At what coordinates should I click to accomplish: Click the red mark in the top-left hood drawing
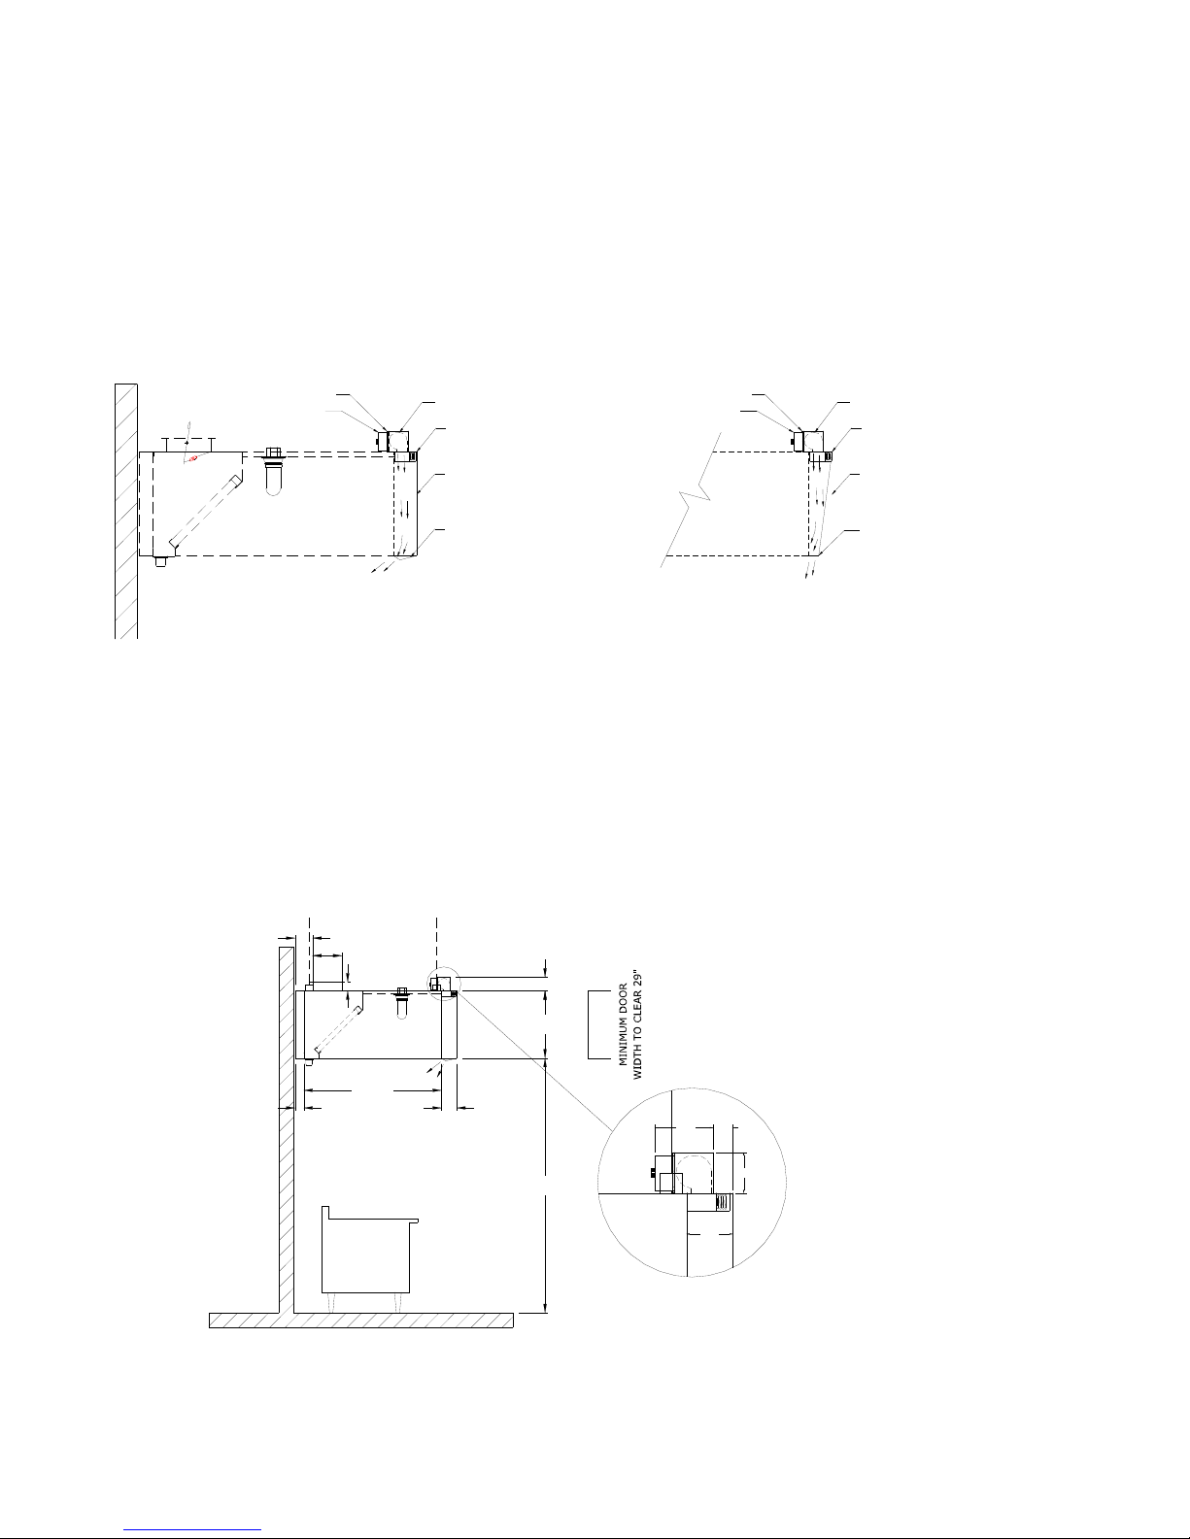coord(192,458)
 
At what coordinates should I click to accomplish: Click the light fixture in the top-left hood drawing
coord(273,471)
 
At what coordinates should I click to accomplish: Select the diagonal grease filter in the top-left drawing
coord(205,512)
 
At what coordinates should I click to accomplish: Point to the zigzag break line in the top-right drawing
coord(692,499)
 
